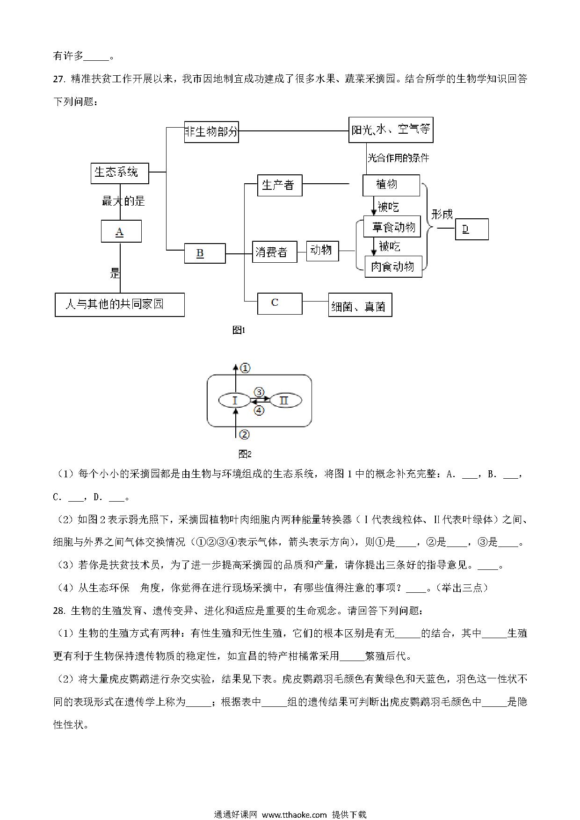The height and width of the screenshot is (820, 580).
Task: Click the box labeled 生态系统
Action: coord(120,173)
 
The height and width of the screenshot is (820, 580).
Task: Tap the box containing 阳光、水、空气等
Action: coord(391,129)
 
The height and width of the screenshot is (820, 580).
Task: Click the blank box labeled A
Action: coord(121,231)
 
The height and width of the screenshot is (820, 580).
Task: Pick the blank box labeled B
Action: coord(205,253)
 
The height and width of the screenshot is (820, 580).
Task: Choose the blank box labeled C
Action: coord(280,304)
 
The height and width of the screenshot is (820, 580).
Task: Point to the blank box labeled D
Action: coord(471,229)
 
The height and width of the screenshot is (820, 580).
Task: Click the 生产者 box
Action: coord(280,186)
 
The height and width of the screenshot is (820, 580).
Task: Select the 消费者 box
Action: coord(275,252)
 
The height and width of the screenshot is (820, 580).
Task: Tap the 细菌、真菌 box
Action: coord(360,305)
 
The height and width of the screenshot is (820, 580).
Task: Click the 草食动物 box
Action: coord(392,227)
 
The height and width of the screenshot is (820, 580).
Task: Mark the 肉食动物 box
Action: coord(393,266)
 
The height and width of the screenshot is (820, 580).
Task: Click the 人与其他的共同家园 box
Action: coord(120,305)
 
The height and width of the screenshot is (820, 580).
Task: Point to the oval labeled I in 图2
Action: coord(235,401)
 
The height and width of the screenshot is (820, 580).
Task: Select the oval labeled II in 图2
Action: coord(285,401)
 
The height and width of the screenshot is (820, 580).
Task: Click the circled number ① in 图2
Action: coord(246,368)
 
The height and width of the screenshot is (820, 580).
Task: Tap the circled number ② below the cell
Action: coord(244,435)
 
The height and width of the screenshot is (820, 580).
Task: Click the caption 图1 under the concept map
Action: coord(239,331)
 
